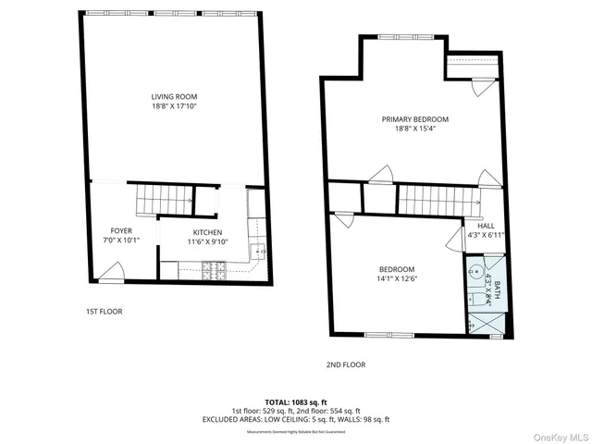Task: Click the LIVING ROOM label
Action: (174, 96)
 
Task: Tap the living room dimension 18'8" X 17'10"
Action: (174, 106)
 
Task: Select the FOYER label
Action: (121, 231)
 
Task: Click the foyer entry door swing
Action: (112, 271)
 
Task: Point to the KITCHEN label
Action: (207, 232)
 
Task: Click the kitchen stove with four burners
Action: (214, 269)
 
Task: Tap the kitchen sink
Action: (259, 251)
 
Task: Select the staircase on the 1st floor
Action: (163, 199)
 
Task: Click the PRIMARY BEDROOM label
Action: (415, 119)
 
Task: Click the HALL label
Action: (486, 226)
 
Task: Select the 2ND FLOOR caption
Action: (345, 364)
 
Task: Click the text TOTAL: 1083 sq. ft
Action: (296, 402)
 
